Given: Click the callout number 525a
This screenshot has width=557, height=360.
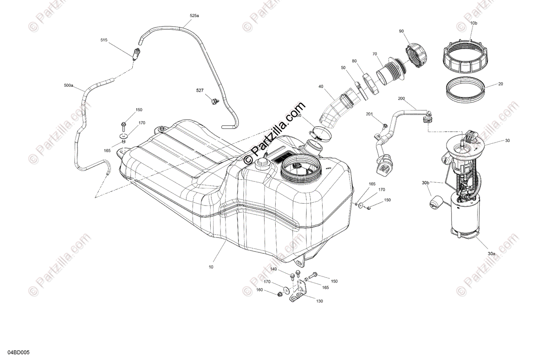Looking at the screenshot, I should point(194,16).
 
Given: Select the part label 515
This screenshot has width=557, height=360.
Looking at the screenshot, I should point(104,40).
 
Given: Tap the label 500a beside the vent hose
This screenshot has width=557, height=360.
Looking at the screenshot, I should point(68,85).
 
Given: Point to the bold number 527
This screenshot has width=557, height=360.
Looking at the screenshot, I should point(199,90).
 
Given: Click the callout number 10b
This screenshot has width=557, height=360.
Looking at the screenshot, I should point(473,23).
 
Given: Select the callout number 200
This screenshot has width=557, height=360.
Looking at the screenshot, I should point(402,99).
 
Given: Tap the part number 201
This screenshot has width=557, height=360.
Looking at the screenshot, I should point(369,114).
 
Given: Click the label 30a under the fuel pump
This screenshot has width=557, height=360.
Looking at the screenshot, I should point(492,254).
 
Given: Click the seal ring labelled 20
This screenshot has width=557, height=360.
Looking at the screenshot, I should point(465,90).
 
